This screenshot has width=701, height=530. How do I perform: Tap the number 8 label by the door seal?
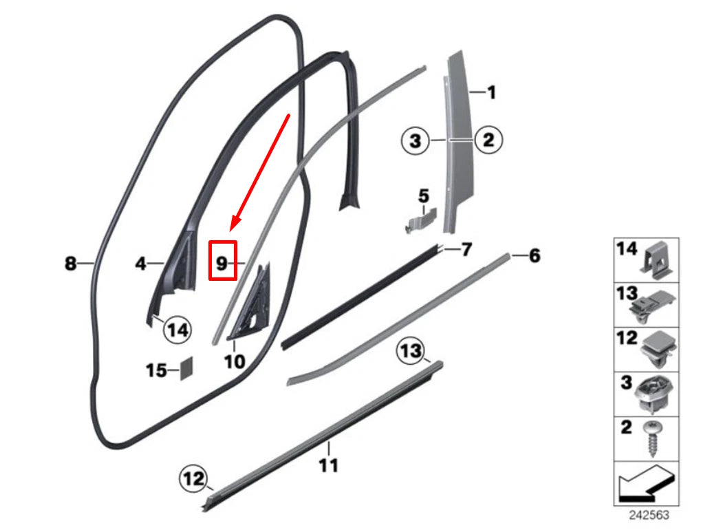click(70, 263)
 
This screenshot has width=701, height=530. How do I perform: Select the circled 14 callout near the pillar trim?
click(177, 330)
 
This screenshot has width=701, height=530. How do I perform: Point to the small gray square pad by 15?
click(185, 368)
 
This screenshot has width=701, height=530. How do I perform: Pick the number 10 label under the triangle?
click(234, 360)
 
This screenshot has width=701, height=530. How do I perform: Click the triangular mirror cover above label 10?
click(248, 301)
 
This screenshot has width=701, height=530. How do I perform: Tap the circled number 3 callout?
click(415, 141)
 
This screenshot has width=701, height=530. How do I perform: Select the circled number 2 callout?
click(488, 140)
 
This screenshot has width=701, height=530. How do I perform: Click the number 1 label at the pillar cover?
click(490, 92)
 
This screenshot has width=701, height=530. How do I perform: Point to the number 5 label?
click(424, 196)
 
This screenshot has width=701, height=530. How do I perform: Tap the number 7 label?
click(466, 249)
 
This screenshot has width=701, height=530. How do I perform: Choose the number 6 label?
click(535, 256)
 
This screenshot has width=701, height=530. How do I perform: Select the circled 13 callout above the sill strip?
click(411, 352)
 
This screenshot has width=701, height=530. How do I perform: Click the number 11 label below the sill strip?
click(329, 466)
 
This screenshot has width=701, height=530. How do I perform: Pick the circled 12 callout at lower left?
click(193, 476)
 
